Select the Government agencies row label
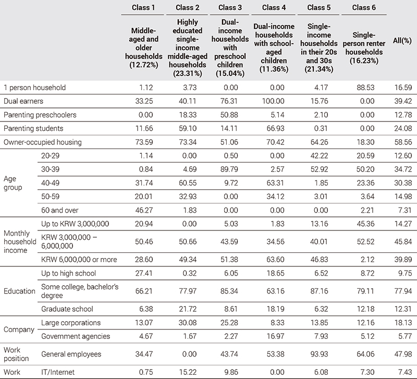coord(73,336)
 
